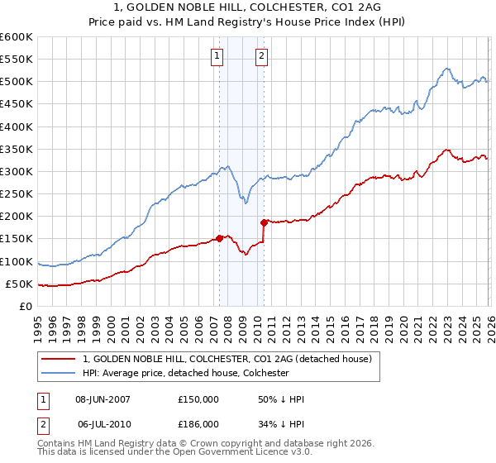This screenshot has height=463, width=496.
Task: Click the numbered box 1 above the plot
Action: pos(217,56)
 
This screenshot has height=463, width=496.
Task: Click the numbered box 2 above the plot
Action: pos(261,56)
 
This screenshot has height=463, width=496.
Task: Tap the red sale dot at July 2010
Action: pos(264,222)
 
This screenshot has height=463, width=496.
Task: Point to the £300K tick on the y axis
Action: pos(17,171)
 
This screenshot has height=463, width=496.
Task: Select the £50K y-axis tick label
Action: pos(20,284)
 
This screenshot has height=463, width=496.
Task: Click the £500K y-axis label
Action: pos(17,81)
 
